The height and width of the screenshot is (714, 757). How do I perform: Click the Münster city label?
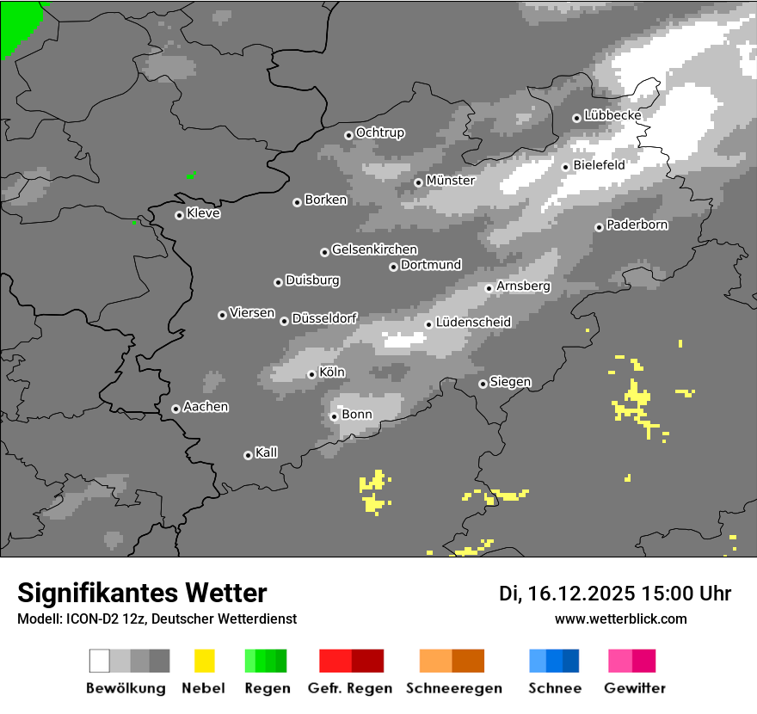point(450,181)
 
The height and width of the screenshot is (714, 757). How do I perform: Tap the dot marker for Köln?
point(311,374)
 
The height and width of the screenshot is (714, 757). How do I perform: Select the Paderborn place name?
point(637,225)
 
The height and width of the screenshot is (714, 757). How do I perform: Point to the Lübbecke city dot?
point(576,118)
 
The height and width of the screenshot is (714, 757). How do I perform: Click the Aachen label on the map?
point(206,407)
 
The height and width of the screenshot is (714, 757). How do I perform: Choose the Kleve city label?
point(203,213)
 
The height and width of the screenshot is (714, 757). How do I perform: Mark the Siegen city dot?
point(483,384)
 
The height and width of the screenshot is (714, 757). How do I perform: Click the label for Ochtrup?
point(379,133)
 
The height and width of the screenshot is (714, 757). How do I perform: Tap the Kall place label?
point(266,452)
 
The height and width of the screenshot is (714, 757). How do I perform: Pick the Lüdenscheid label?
point(473,323)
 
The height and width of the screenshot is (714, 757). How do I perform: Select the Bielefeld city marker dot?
point(565,167)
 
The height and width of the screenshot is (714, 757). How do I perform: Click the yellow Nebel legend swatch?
point(204,661)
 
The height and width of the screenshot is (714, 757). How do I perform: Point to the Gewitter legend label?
point(635,688)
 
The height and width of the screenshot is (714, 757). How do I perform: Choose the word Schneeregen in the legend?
point(454,688)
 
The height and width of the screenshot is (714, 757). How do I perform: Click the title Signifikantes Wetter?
point(142,594)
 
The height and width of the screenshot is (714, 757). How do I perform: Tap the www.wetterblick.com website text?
point(621,619)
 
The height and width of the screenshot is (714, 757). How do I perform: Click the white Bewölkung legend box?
point(99,661)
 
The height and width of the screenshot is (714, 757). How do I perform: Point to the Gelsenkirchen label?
point(374,249)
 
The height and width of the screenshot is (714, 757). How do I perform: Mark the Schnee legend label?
point(555,688)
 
